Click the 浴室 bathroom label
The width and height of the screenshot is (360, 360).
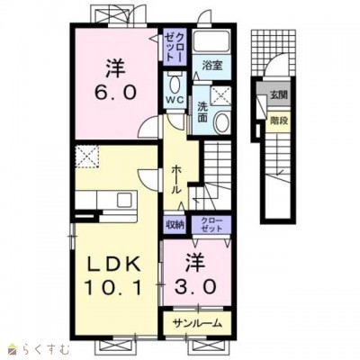[212, 66]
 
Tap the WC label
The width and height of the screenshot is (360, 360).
[175, 100]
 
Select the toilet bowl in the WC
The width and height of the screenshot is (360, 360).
[175, 84]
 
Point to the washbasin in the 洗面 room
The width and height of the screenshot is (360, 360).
[222, 122]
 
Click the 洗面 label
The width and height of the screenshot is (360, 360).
[202, 112]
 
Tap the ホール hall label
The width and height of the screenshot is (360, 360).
[175, 179]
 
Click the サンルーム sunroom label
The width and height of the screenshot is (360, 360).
[198, 323]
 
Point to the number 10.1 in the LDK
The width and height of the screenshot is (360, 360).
[113, 287]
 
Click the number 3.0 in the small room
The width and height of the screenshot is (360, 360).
[195, 287]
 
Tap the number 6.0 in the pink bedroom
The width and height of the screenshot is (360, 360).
[116, 92]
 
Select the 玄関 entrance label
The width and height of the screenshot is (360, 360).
[279, 95]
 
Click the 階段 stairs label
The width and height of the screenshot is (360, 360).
[279, 121]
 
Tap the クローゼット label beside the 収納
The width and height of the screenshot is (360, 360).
[211, 224]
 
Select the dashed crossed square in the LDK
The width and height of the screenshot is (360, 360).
[87, 157]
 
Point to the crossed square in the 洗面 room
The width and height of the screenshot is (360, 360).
[220, 95]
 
